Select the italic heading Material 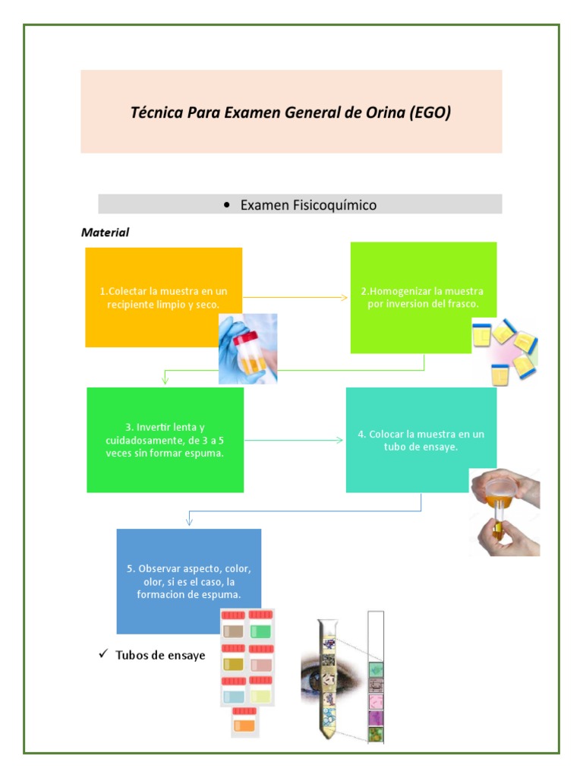pyautogui.click(x=105, y=232)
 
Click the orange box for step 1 pyautogui.click(x=163, y=296)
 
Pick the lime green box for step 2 pyautogui.click(x=423, y=297)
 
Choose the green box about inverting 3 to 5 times pyautogui.click(x=165, y=440)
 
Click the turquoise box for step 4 pyautogui.click(x=421, y=440)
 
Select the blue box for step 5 pyautogui.click(x=188, y=580)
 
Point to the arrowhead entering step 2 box pyautogui.click(x=345, y=297)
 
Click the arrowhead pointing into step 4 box pyautogui.click(x=341, y=440)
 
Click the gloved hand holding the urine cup pyautogui.click(x=247, y=348)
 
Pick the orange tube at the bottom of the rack pyautogui.click(x=244, y=724)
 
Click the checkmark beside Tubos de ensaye pyautogui.click(x=103, y=654)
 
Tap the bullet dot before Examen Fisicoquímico pyautogui.click(x=228, y=205)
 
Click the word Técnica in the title pyautogui.click(x=158, y=113)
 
